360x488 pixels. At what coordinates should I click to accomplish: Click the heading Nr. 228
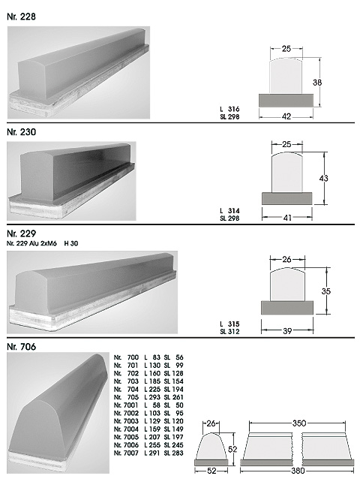click(21, 17)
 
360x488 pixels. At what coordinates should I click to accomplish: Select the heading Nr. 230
click(21, 132)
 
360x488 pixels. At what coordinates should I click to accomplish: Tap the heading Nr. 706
click(21, 346)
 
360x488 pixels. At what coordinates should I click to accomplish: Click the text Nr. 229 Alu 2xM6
click(31, 243)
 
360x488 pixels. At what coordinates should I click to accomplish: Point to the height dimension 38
click(317, 83)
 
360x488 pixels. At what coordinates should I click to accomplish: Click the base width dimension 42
click(286, 116)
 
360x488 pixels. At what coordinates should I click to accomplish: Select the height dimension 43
click(324, 179)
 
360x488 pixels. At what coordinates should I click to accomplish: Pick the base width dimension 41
click(287, 218)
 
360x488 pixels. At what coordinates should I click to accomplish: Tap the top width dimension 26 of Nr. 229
click(286, 259)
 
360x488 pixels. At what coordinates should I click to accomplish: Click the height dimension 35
click(326, 291)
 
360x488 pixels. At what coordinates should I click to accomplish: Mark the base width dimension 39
click(287, 331)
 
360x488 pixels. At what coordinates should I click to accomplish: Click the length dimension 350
click(299, 423)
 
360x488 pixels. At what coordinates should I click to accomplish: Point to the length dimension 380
click(298, 471)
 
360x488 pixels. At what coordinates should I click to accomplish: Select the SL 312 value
click(229, 332)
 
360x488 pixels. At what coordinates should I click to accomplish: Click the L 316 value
click(229, 109)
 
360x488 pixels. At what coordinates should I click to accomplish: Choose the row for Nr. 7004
click(148, 429)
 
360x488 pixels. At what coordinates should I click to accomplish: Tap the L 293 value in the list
click(152, 397)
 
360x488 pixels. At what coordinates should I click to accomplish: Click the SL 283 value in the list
click(174, 453)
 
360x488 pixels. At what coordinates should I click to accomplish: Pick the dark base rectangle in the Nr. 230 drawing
click(287, 198)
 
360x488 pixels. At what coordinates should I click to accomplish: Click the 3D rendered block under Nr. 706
click(58, 413)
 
